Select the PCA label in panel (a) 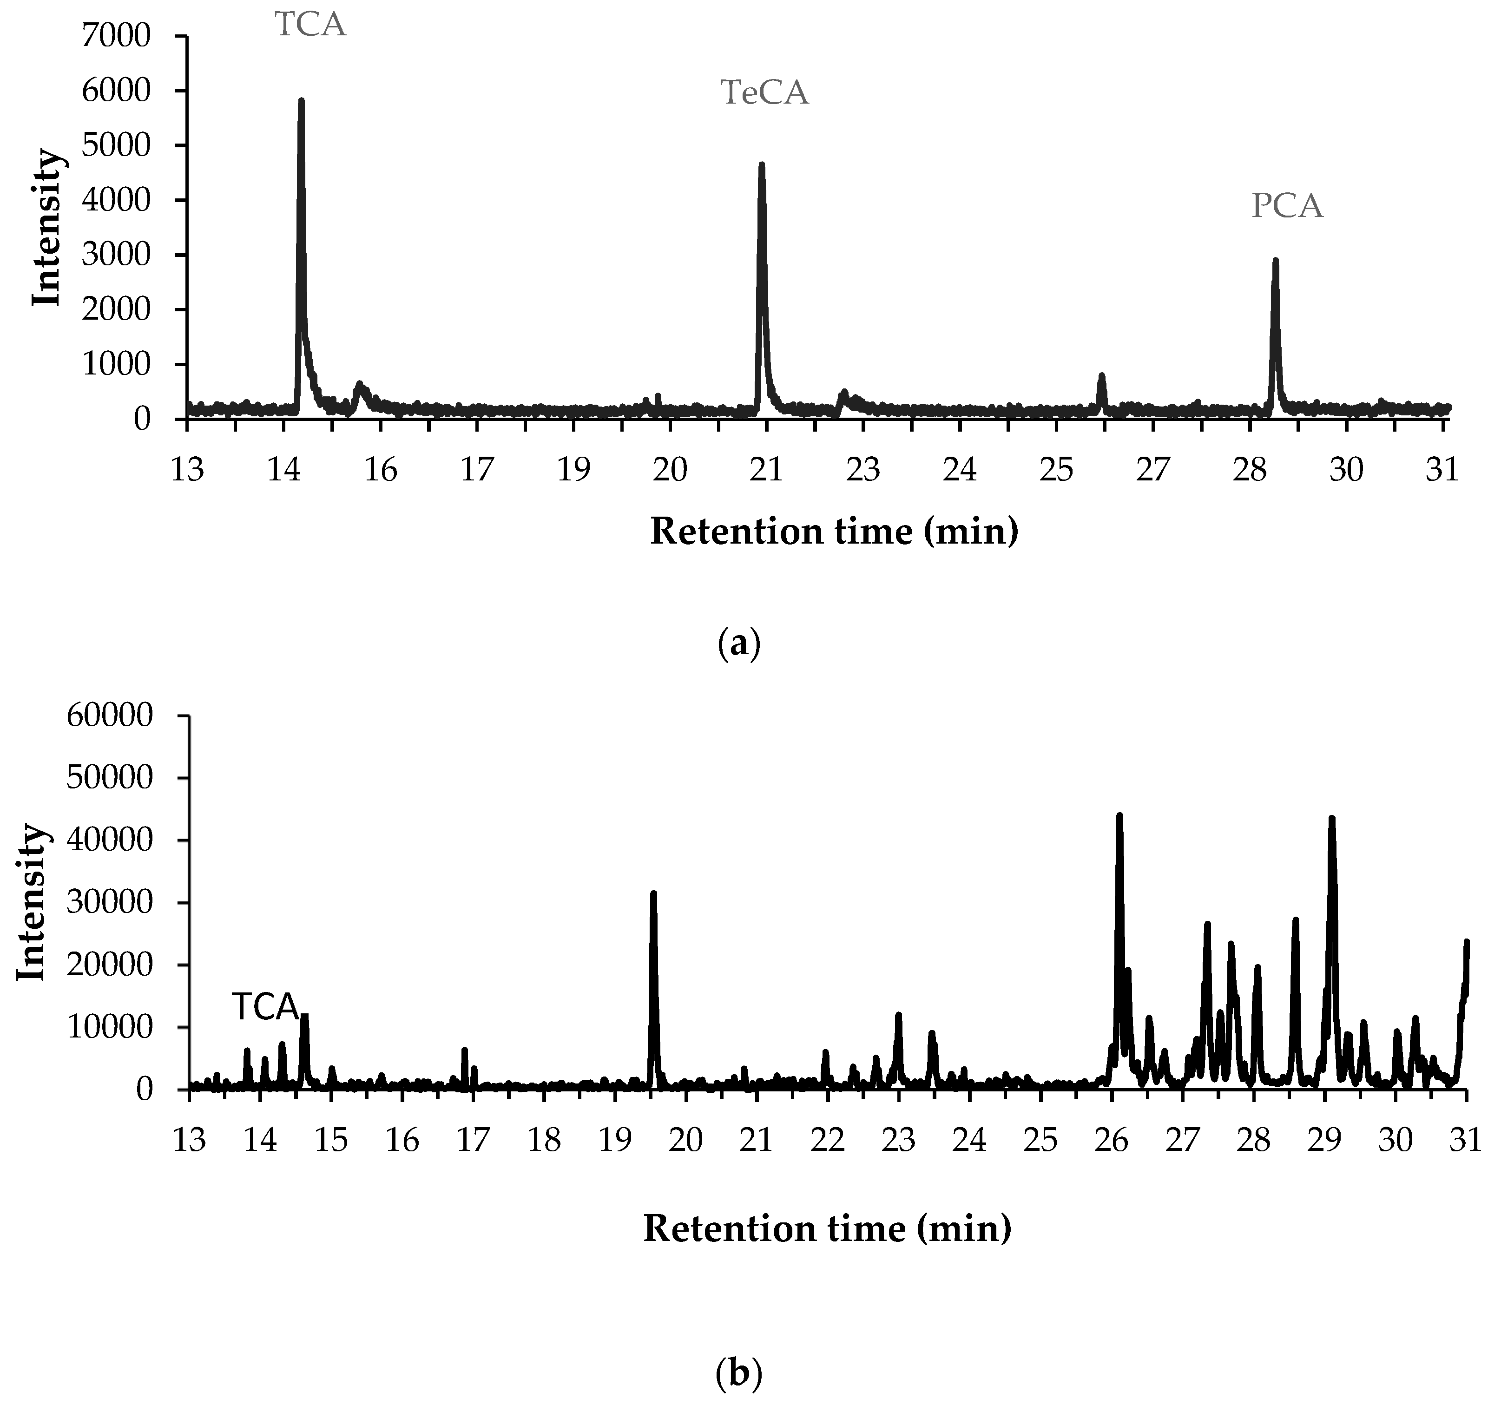click(1287, 206)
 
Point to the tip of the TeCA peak click(761, 164)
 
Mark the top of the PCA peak click(1275, 261)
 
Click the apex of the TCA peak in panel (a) click(301, 100)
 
